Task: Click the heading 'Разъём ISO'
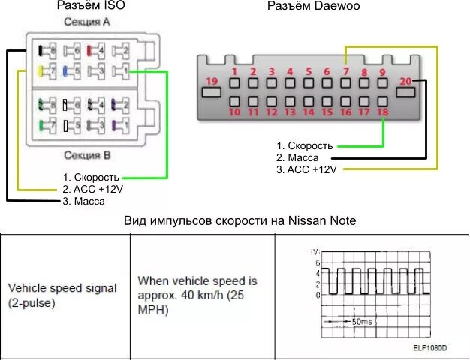pos(92,6)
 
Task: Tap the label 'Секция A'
pos(85,22)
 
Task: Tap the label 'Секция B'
pos(86,156)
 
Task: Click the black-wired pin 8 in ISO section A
pos(47,51)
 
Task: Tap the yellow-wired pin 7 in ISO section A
pos(47,72)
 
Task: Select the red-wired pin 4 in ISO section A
pos(95,51)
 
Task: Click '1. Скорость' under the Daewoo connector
pos(304,145)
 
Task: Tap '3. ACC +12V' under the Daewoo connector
pos(306,169)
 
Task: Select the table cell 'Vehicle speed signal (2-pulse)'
pos(63,295)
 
